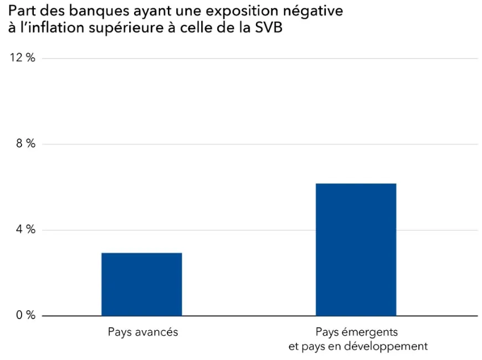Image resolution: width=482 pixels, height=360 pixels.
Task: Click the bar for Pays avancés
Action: (141, 284)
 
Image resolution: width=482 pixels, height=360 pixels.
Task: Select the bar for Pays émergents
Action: (356, 249)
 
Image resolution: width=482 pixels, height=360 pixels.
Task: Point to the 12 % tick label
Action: (23, 58)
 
